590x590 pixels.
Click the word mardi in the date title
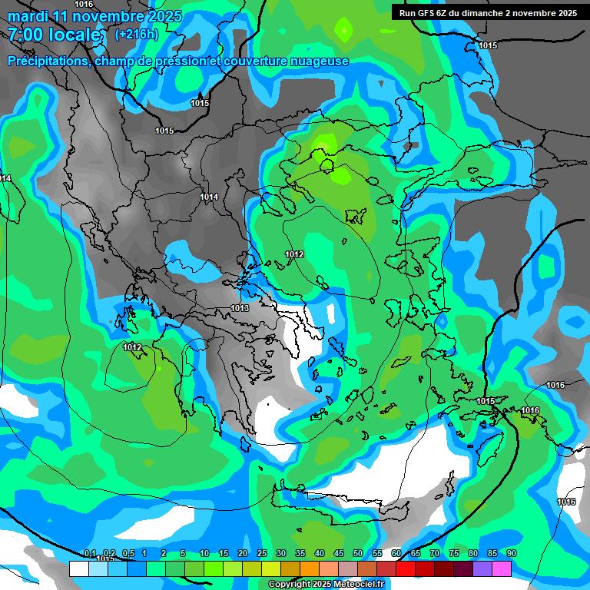(28, 16)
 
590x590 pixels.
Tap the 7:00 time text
(28, 35)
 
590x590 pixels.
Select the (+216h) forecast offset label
(137, 35)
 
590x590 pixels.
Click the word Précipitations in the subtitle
(48, 61)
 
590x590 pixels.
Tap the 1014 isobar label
(209, 197)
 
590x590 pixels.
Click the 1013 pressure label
(240, 309)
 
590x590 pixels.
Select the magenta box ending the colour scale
(502, 568)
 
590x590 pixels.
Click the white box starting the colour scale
(78, 568)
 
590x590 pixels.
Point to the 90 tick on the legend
(512, 554)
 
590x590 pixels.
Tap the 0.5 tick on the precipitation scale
(128, 554)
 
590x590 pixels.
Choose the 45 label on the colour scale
(339, 554)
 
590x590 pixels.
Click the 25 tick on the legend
(262, 554)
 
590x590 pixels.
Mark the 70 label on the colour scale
(435, 554)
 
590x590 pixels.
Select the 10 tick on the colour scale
(204, 554)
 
